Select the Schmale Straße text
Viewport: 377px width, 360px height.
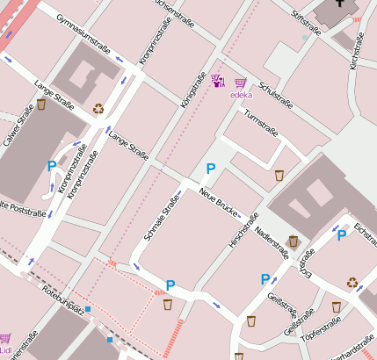pyautogui.click(x=158, y=216)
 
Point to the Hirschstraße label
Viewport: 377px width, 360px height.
pyautogui.click(x=243, y=230)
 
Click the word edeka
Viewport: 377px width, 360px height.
pyautogui.click(x=241, y=95)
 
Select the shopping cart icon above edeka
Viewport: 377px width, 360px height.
pyautogui.click(x=240, y=83)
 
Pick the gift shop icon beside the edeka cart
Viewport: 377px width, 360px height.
pyautogui.click(x=217, y=82)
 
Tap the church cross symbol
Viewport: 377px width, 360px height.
pyautogui.click(x=339, y=6)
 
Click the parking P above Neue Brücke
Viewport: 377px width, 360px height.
pyautogui.click(x=210, y=169)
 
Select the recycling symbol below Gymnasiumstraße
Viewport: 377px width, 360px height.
pyautogui.click(x=98, y=110)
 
